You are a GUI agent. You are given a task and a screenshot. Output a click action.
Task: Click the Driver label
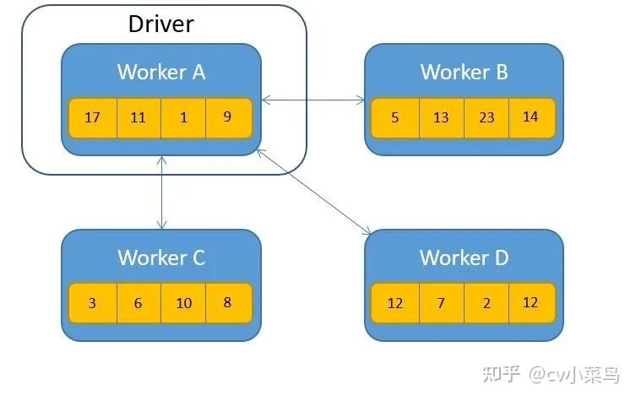click(160, 23)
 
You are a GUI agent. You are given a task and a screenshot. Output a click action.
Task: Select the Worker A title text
click(160, 72)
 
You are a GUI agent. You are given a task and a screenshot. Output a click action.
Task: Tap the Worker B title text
click(464, 72)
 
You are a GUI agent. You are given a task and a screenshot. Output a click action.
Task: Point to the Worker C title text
click(160, 257)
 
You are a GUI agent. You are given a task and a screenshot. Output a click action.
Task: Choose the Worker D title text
click(464, 257)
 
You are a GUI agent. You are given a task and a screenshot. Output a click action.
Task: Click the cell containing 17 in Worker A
click(92, 117)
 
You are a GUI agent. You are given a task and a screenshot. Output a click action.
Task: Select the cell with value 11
click(139, 117)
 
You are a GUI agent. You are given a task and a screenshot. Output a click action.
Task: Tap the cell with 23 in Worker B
click(487, 118)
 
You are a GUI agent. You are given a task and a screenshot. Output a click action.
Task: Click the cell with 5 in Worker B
click(395, 118)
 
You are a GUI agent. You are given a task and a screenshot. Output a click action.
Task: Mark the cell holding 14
click(531, 118)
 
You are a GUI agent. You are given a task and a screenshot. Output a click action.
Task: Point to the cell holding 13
click(441, 118)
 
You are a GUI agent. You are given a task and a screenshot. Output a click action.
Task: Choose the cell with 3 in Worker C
click(92, 303)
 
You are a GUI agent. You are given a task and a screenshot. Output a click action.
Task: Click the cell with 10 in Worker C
click(183, 303)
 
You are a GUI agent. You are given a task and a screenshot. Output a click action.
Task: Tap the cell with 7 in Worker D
click(441, 303)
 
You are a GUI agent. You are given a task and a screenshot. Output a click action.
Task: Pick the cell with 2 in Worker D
click(487, 303)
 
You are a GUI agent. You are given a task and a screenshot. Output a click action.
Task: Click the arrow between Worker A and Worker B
click(313, 101)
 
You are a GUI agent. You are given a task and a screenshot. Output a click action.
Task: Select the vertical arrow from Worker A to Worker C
click(160, 192)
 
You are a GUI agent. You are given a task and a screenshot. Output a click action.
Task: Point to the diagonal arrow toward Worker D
click(315, 192)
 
